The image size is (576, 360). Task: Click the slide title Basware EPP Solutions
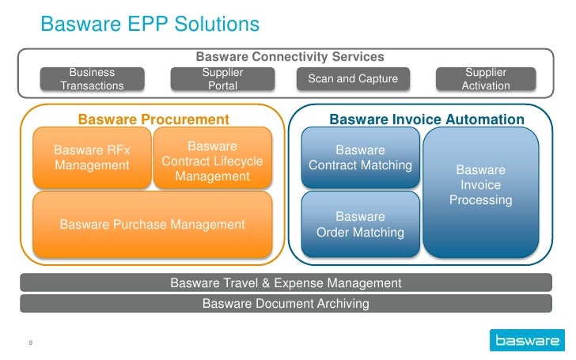point(150,25)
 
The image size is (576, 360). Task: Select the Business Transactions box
point(92,79)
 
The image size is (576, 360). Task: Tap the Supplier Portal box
point(222,79)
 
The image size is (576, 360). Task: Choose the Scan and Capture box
point(353,79)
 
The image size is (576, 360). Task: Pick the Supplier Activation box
point(485,79)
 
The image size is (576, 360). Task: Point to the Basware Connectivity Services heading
point(290,57)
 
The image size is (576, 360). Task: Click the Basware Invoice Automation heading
point(426,119)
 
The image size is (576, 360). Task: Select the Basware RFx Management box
point(92,157)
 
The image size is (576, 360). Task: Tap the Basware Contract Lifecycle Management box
point(212,161)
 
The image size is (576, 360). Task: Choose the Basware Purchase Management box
point(153,225)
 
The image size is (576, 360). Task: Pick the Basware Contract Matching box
point(360,157)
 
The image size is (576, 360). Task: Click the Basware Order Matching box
point(360,225)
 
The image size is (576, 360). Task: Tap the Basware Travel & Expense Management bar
point(286,282)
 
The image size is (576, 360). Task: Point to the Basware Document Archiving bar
point(286,303)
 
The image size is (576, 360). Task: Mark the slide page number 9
point(29,343)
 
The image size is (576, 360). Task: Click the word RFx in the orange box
point(119,150)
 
